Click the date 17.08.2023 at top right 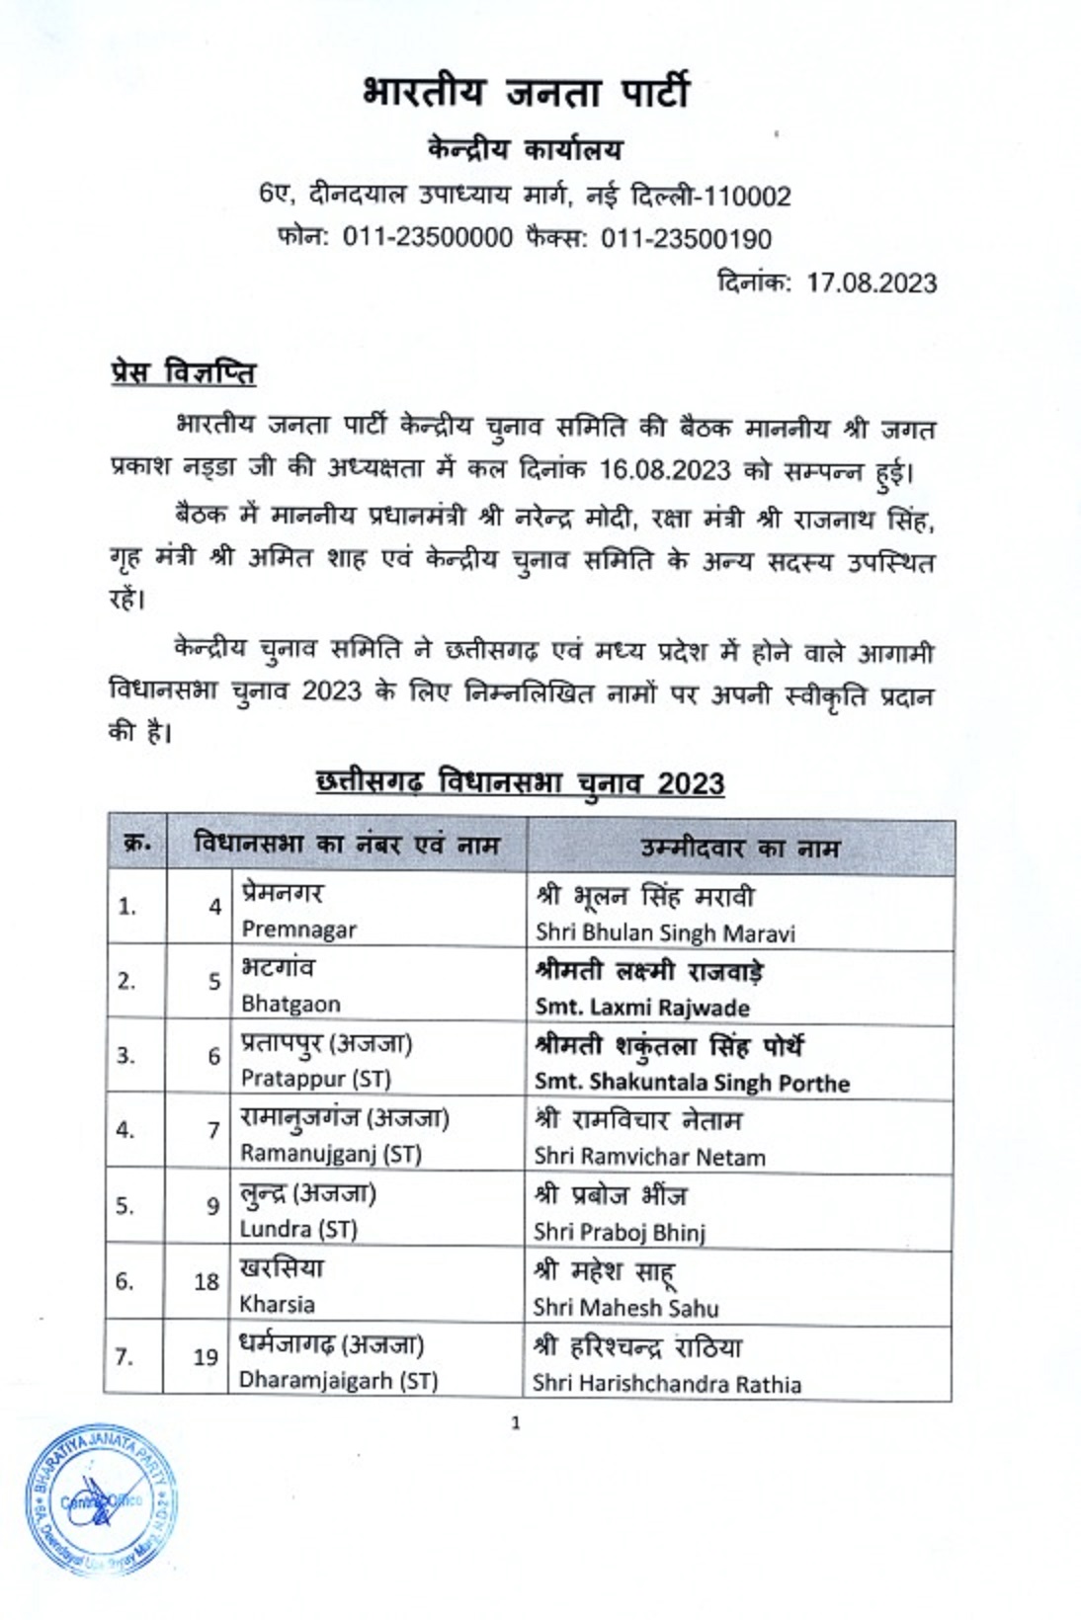click(871, 283)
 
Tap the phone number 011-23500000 click(427, 238)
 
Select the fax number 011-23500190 click(686, 238)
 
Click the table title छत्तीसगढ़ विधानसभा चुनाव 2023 click(520, 782)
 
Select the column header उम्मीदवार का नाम click(739, 848)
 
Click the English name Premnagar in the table click(298, 929)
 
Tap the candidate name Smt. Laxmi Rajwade click(642, 1008)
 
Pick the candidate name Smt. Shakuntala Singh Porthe click(692, 1083)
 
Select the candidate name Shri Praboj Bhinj click(620, 1232)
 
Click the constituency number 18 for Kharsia click(206, 1281)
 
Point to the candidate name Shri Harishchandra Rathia click(667, 1383)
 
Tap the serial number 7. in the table click(124, 1357)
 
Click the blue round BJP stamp click(102, 1500)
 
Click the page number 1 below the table click(515, 1422)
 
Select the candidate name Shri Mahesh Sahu click(626, 1307)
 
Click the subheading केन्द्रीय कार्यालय click(525, 150)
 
